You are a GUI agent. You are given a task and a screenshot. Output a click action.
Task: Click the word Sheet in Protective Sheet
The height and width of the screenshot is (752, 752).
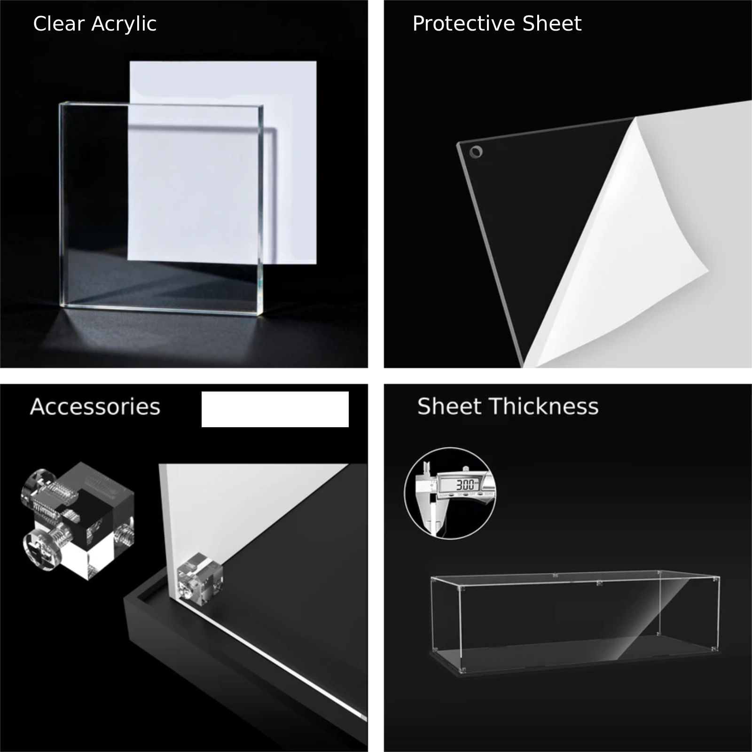(x=552, y=23)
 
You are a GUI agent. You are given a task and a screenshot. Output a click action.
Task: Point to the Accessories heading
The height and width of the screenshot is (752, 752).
(x=95, y=407)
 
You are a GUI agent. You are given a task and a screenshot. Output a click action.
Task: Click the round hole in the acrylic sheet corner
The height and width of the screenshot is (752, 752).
(x=476, y=152)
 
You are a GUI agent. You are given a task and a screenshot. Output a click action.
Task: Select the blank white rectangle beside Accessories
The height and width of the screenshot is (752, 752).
(x=275, y=409)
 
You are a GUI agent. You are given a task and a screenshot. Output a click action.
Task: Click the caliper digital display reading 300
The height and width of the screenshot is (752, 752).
(x=465, y=484)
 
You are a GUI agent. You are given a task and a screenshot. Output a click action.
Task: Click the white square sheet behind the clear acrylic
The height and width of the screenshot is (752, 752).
(x=223, y=162)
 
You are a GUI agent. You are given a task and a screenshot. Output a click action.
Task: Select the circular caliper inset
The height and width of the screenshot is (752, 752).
(x=450, y=493)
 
